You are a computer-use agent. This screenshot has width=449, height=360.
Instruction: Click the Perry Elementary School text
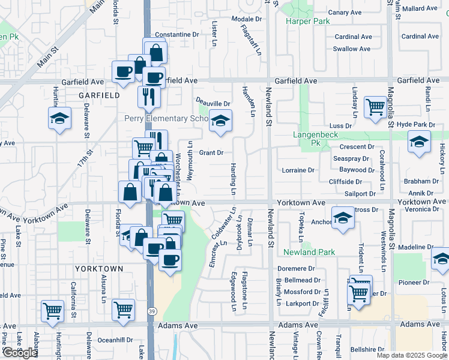coord(165,118)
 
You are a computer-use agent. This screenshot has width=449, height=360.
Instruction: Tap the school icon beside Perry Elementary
coord(220,122)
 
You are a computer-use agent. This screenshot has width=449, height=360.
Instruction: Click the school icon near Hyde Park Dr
coord(418,143)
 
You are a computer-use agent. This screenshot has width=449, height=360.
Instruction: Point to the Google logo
coord(20,353)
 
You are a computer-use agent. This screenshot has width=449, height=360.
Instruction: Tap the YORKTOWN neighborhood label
coord(98,269)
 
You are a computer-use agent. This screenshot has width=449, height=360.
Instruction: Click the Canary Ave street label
coord(345,12)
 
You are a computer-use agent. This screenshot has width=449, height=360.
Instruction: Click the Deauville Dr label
coord(213,103)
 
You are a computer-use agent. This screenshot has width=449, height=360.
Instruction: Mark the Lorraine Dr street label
coord(298,170)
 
